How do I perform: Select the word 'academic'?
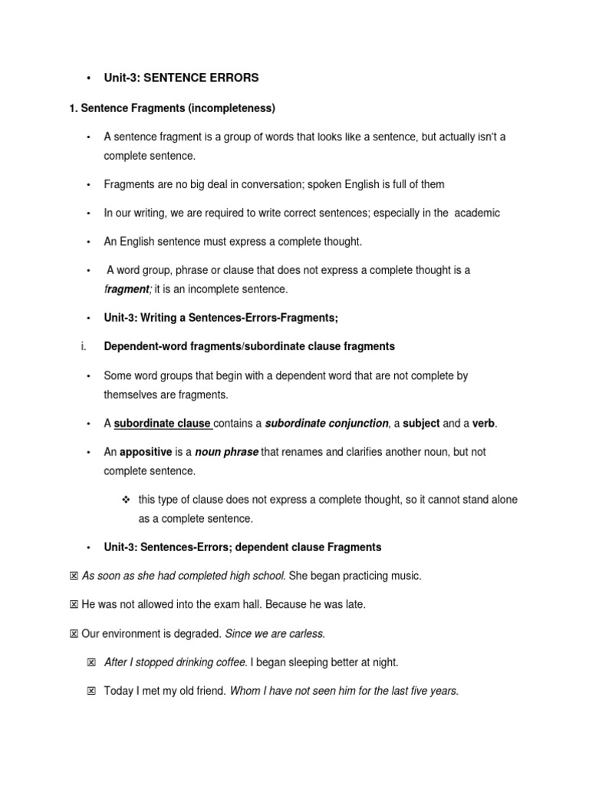point(477,213)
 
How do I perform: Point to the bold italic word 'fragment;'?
point(128,289)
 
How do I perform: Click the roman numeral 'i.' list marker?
point(83,346)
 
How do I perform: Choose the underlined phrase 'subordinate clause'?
point(163,423)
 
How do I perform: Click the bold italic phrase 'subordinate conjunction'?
point(327,423)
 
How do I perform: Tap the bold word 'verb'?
point(483,423)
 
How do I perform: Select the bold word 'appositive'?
point(146,452)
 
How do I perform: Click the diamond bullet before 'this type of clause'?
point(127,500)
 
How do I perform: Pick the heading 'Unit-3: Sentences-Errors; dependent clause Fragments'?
point(242,547)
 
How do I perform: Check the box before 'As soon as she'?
point(74,576)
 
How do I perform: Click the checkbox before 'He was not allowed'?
point(74,605)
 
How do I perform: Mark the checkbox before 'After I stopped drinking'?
point(91,662)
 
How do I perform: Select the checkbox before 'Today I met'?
point(91,692)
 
